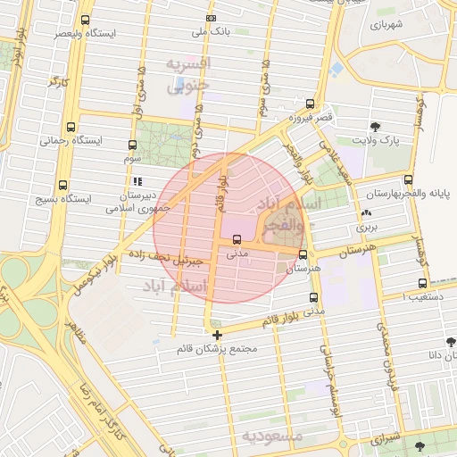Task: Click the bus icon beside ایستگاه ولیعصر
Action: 85,20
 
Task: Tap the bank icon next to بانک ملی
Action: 211,18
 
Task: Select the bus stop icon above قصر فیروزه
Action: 310,104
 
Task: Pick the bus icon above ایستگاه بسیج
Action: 62,186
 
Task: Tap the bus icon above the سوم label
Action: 133,145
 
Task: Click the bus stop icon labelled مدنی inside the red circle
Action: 237,239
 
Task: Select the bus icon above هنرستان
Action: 303,254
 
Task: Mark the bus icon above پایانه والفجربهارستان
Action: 409,179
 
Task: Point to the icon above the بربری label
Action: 366,214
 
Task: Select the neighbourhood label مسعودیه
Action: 272,436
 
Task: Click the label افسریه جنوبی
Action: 189,75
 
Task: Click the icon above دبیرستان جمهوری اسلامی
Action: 137,181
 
